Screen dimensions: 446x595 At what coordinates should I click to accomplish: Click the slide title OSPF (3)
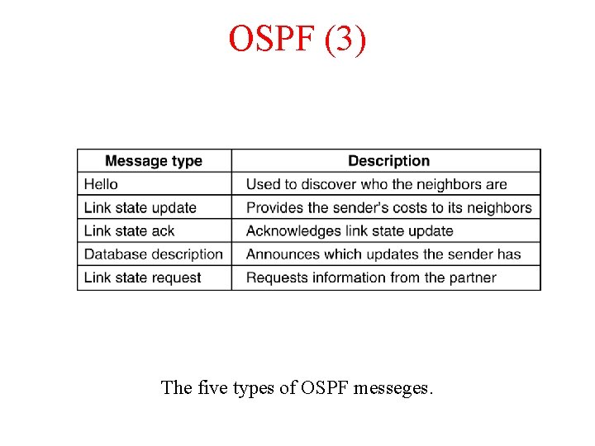click(x=297, y=40)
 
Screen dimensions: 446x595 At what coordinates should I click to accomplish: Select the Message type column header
click(x=154, y=161)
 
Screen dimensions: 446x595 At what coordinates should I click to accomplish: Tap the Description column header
click(x=388, y=161)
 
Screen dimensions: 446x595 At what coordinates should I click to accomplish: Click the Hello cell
click(x=102, y=184)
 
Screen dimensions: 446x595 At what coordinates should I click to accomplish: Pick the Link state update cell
click(x=140, y=207)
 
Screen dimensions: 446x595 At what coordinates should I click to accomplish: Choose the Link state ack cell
click(x=130, y=230)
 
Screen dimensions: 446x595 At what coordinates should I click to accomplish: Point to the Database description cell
click(x=154, y=254)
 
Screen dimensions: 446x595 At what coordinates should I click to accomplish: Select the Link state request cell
click(x=143, y=278)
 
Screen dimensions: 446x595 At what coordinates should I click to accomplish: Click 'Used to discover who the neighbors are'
click(x=377, y=184)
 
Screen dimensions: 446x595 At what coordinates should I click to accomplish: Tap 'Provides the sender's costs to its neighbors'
click(x=389, y=207)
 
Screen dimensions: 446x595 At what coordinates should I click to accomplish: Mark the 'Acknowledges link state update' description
click(x=350, y=230)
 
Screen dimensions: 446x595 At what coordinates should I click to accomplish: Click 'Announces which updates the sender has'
click(x=383, y=254)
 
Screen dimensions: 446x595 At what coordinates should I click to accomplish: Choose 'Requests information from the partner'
click(x=371, y=278)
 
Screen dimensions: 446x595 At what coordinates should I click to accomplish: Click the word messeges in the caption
click(x=393, y=387)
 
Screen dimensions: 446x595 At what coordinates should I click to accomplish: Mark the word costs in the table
click(x=402, y=207)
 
